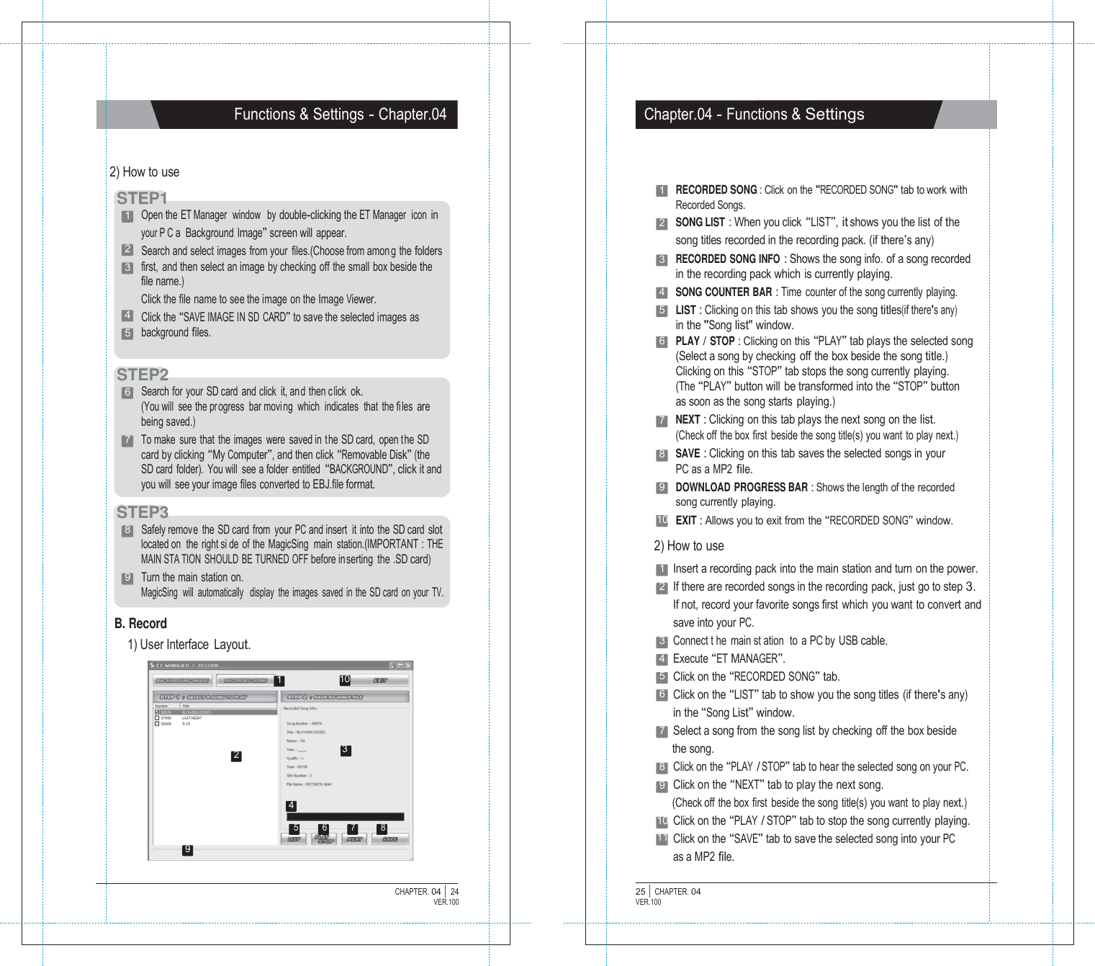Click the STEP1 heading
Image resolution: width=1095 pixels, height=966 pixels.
(142, 198)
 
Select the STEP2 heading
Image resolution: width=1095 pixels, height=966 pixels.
(143, 375)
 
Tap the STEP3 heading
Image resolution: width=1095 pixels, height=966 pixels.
(143, 512)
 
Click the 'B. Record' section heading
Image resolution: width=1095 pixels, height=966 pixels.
(140, 624)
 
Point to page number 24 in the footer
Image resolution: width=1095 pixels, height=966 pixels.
(454, 892)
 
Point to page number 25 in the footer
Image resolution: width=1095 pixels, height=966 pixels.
(640, 892)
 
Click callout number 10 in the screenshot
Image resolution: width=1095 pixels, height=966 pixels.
(345, 680)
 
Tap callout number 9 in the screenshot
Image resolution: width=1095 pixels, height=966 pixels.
(187, 850)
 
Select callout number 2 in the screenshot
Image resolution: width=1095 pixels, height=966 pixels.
(236, 756)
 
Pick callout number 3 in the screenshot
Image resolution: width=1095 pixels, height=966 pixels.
(346, 750)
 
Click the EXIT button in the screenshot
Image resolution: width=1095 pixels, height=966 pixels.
(381, 680)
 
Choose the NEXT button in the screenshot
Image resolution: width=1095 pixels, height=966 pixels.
(354, 839)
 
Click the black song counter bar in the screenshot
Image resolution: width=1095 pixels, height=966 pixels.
(345, 818)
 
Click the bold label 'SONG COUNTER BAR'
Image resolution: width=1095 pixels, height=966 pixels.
(723, 292)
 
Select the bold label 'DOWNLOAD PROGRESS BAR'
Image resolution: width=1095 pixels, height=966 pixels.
(741, 488)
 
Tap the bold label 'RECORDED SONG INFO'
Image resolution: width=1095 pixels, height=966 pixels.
(727, 259)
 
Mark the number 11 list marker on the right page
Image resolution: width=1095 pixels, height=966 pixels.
(662, 839)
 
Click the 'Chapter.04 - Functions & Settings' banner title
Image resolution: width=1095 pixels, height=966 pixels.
(754, 115)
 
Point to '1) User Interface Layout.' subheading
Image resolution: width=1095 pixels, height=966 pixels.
(189, 645)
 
